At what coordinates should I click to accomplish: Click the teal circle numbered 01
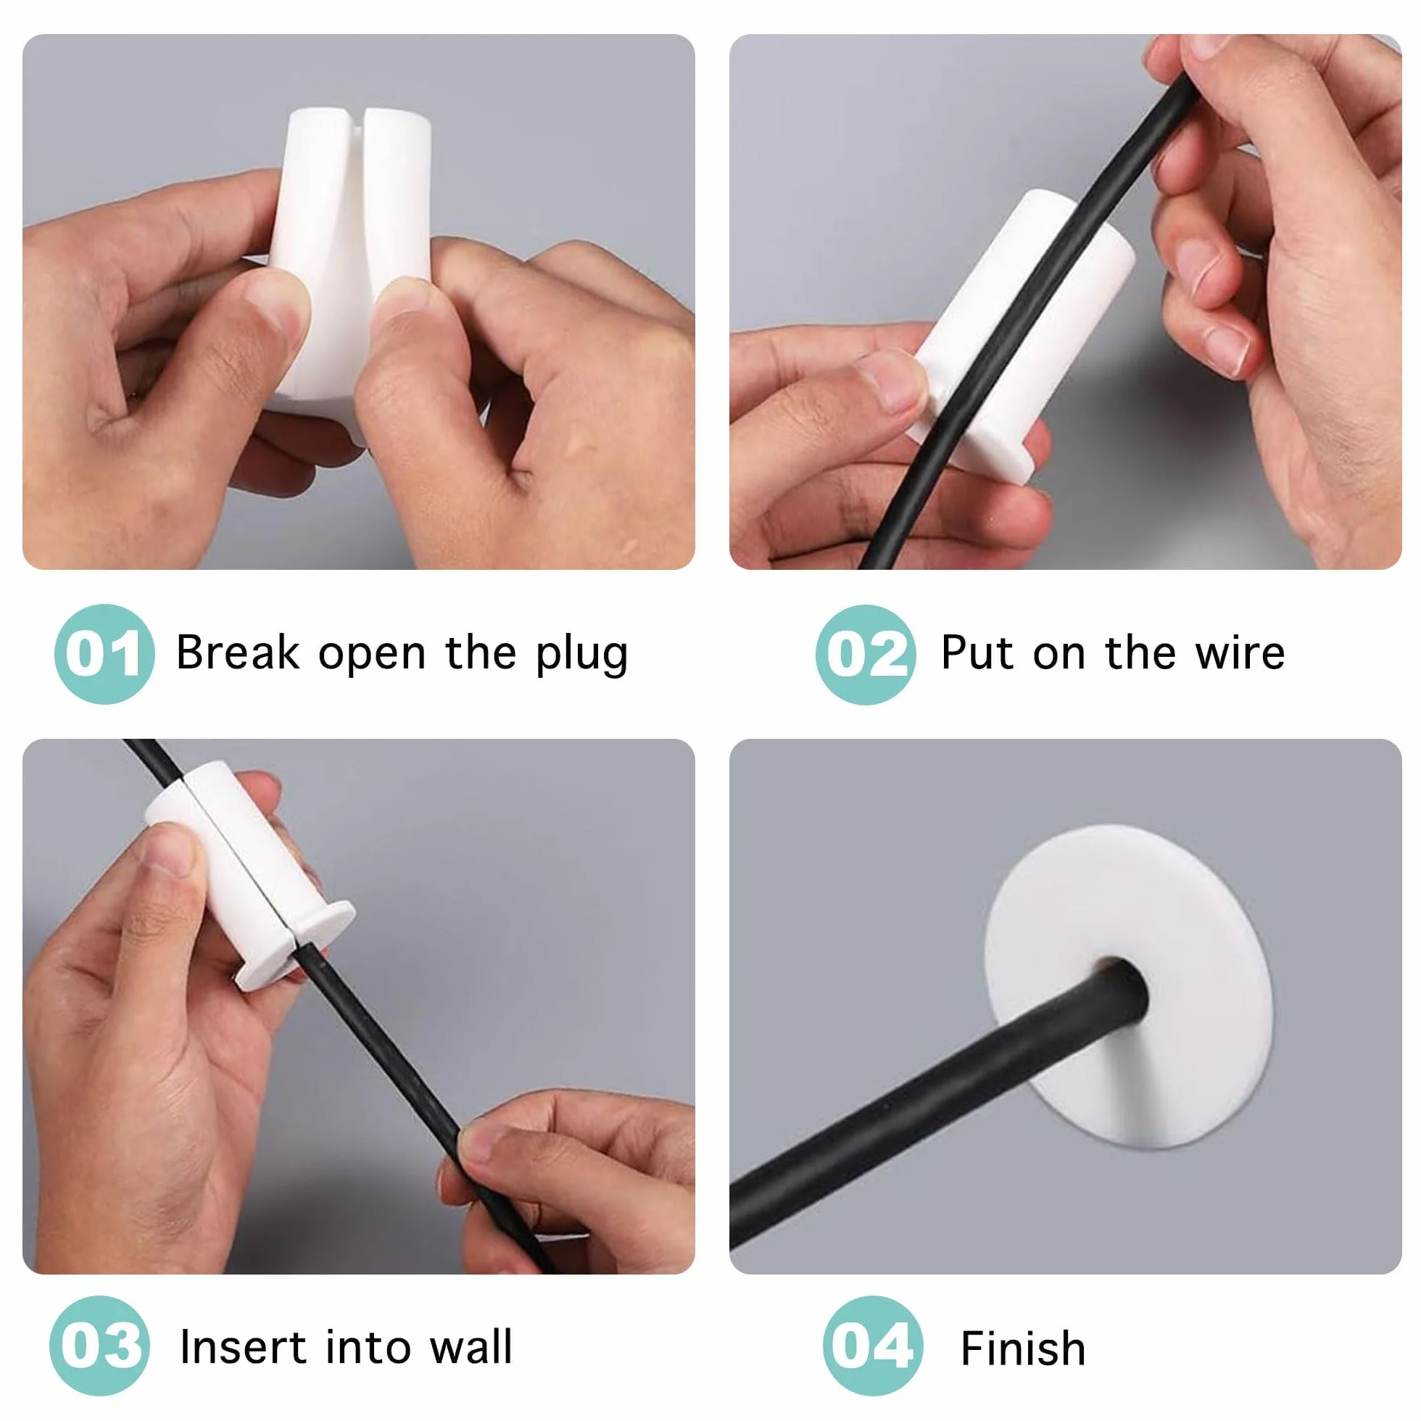pos(104,654)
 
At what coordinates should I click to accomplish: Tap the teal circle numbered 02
pos(866,655)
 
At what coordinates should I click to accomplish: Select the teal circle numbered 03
pos(100,1346)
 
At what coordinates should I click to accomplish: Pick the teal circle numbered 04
pos(873,1346)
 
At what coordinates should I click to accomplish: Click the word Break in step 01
pos(239,652)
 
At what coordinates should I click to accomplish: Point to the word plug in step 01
pos(581,654)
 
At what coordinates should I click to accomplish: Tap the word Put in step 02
pos(978,652)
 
